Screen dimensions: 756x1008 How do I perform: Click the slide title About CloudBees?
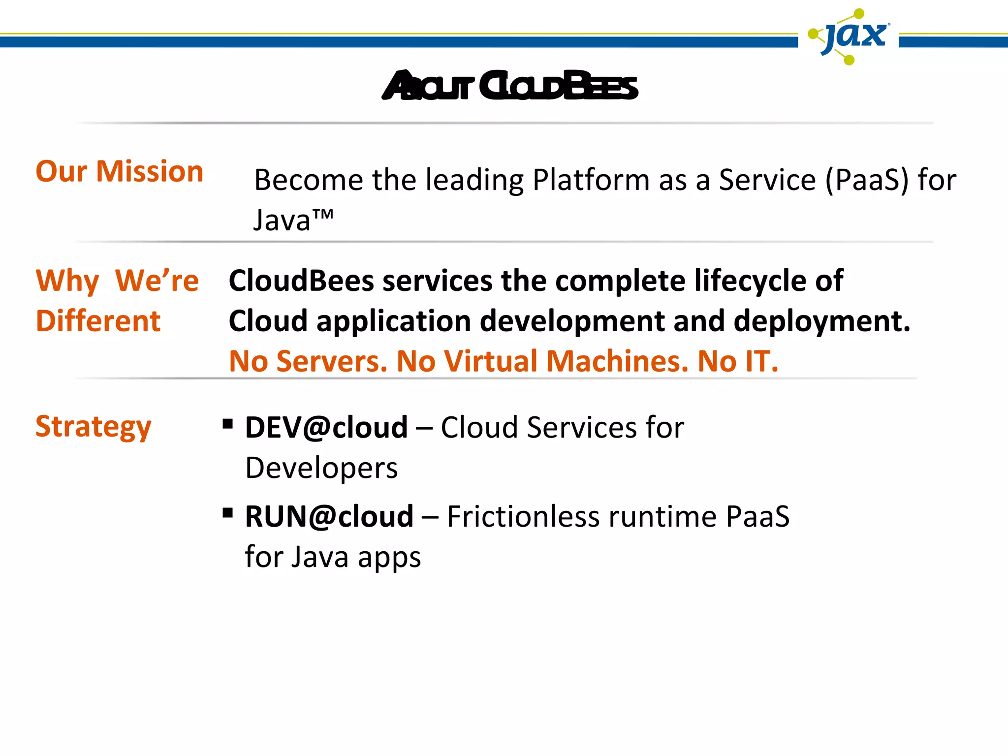pos(510,86)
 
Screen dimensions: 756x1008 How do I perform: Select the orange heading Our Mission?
pos(120,172)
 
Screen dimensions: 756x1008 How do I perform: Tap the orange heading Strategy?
pos(94,427)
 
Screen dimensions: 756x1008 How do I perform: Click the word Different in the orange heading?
pos(98,321)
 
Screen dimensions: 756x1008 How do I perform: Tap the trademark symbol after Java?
pos(323,215)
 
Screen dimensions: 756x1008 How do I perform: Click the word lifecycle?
pos(751,281)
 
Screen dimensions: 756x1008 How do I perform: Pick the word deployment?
pos(821,321)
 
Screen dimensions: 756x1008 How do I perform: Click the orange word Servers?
pos(332,362)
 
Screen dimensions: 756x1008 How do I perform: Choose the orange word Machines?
pos(617,362)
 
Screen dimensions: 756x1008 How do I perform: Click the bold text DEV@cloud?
pos(326,427)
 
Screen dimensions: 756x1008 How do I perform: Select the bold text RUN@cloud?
pos(329,517)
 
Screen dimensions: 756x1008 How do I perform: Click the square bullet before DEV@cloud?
pos(227,424)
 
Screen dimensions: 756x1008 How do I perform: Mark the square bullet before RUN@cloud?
pos(227,513)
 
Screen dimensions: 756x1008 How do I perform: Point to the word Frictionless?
pos(523,517)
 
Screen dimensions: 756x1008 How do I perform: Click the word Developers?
pos(321,468)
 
